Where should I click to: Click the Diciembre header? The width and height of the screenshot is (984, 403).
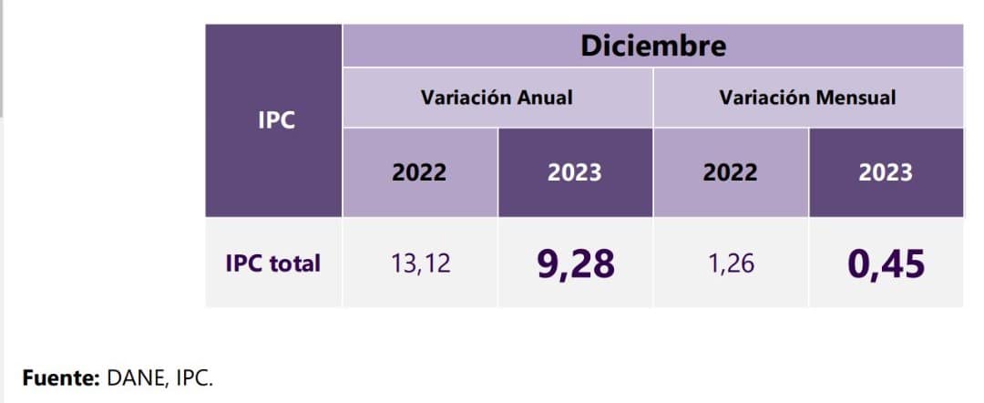tap(653, 46)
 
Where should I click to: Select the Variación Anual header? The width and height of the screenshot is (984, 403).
tap(497, 97)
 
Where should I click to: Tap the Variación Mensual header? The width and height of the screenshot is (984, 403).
tap(807, 97)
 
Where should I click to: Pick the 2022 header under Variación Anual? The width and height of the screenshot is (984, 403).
tap(419, 172)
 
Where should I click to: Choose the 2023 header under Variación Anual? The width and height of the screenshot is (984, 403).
tap(574, 172)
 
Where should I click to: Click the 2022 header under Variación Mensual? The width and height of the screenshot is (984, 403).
tap(730, 172)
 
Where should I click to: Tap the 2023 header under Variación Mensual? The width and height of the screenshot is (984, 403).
tap(885, 172)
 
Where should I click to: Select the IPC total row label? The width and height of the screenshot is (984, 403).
tap(272, 263)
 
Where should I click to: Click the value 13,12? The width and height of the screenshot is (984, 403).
tap(420, 264)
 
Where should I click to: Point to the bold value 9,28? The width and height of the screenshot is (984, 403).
tap(575, 264)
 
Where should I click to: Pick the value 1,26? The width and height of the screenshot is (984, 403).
tap(730, 264)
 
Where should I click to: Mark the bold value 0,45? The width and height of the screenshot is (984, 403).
tap(886, 264)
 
